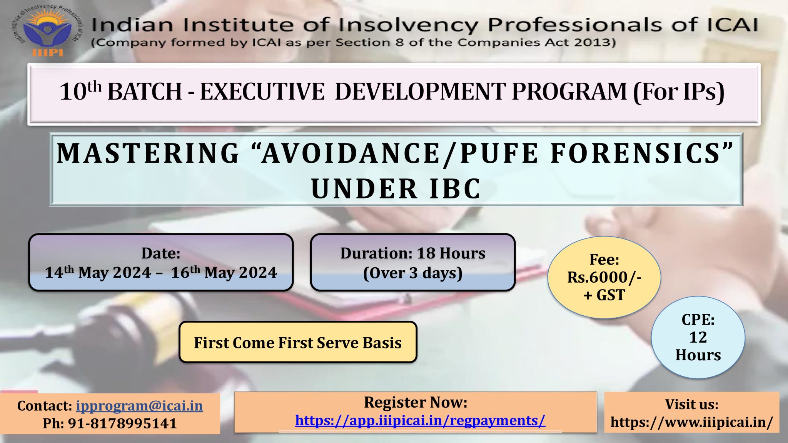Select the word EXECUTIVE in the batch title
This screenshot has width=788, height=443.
[262, 92]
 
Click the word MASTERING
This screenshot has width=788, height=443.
[148, 153]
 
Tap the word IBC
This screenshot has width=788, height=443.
[455, 189]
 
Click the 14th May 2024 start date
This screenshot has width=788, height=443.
[98, 272]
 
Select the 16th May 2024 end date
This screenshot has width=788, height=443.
[224, 272]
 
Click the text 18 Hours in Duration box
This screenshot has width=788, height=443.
[451, 253]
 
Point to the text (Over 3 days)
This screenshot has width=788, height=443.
[413, 273]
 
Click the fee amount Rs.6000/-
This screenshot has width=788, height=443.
[604, 277]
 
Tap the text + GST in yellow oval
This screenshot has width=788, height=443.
[604, 295]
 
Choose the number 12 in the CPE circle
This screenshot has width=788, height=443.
[698, 337]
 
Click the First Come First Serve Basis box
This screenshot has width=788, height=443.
[298, 342]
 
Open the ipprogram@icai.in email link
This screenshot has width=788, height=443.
[139, 406]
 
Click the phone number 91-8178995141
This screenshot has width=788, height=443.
[122, 423]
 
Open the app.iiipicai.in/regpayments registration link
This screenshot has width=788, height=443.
[420, 420]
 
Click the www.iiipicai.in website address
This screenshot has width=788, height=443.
[692, 422]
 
